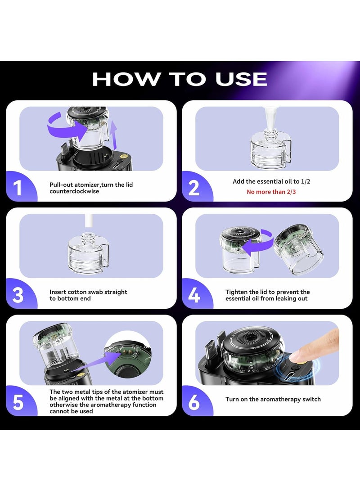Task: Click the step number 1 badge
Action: (19, 187)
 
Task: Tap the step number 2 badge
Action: (195, 187)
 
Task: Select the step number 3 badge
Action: (19, 294)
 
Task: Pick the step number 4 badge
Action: (195, 294)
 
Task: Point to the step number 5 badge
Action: (19, 401)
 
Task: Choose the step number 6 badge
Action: (195, 401)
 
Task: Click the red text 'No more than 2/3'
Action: (271, 192)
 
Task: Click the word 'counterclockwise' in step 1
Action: (74, 191)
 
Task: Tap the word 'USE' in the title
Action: (241, 79)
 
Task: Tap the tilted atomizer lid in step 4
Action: (294, 248)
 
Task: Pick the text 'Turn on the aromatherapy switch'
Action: (273, 399)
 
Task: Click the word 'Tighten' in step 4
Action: (236, 292)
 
